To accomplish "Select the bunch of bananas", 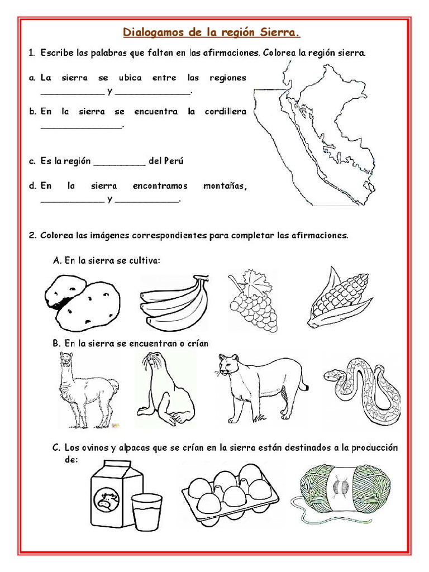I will [174, 304].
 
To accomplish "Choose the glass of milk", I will [146, 511].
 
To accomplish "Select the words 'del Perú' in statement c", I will [166, 161].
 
